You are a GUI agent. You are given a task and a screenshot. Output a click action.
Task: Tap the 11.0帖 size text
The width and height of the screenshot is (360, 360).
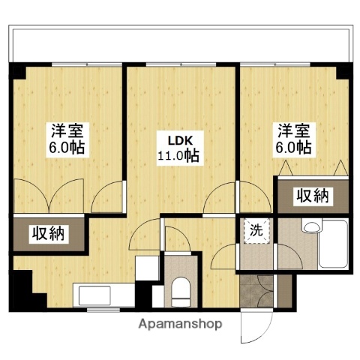click(178, 157)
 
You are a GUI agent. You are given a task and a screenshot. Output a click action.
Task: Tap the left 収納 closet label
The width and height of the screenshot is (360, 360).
click(48, 234)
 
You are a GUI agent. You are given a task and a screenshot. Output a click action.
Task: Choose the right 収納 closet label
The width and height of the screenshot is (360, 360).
click(311, 196)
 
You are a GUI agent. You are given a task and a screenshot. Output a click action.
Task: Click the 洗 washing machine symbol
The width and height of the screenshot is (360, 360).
click(255, 231)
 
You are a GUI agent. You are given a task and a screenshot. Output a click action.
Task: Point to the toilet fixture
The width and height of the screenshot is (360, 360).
click(180, 289)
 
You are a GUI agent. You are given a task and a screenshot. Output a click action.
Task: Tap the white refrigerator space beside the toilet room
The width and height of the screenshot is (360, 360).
click(145, 270)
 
